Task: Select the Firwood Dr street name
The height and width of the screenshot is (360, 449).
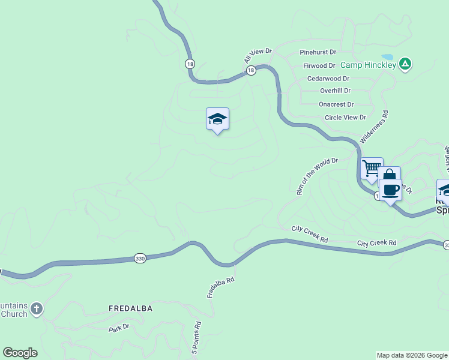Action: coord(319,65)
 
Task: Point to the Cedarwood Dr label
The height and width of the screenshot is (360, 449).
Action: coord(328,79)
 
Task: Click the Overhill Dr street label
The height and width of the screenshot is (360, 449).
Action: coord(335,91)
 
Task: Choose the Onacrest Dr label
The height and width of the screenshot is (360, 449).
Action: coord(336,104)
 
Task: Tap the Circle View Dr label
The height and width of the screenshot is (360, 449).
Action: coord(345,118)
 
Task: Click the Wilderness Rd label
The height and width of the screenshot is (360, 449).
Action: coord(374,127)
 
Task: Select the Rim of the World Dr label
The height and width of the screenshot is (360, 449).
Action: coord(318,176)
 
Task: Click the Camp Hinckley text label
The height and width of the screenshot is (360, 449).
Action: coord(368,65)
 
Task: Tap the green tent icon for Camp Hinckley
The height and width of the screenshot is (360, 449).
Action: coord(406,64)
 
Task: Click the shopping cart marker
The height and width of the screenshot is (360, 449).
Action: coord(372,168)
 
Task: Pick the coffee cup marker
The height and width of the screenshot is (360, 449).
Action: coord(391,190)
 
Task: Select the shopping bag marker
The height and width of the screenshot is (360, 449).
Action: coord(389,176)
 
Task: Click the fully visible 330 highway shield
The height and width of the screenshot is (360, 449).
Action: coord(140,257)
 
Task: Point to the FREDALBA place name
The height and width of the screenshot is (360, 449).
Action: coord(131,308)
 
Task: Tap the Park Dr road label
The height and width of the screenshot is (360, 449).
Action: coord(119,328)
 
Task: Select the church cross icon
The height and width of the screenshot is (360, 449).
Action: coord(37,309)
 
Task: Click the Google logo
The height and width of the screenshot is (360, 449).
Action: coord(20,353)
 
